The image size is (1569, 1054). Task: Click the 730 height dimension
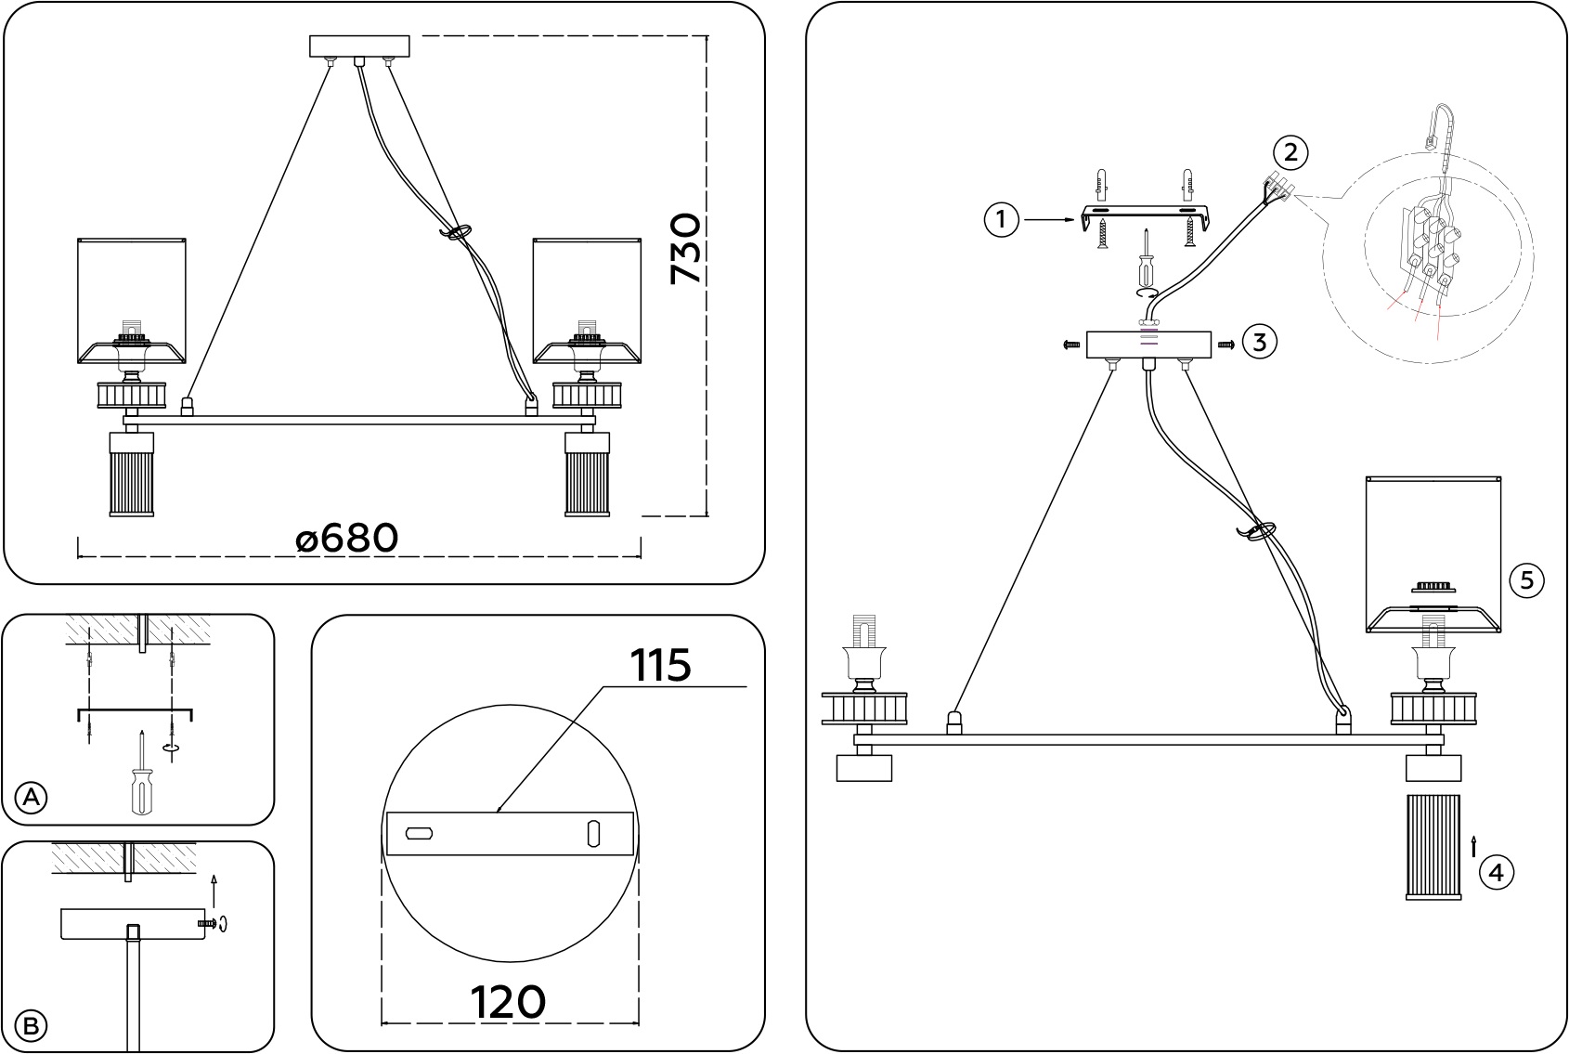coord(685,249)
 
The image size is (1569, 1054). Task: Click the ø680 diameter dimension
coord(347,539)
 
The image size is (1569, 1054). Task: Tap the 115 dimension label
coord(660,664)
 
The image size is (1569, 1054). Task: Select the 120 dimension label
coord(508,1002)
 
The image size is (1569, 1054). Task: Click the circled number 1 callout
coord(1001,219)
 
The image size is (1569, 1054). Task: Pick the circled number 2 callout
coord(1290,153)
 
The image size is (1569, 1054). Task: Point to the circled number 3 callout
coord(1260,343)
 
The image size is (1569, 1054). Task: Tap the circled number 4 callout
coord(1497,873)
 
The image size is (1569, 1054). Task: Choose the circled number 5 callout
coord(1527,580)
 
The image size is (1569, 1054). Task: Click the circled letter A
coord(31,798)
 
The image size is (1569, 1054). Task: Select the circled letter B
coord(31,1027)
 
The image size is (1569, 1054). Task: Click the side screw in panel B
coord(207,924)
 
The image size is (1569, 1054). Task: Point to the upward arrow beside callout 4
coord(1473,847)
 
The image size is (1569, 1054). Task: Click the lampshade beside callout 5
coord(1433,554)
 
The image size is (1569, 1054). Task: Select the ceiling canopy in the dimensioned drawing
coord(359,46)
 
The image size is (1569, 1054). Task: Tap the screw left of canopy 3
coord(1071,345)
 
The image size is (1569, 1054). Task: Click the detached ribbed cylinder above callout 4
coord(1433,847)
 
